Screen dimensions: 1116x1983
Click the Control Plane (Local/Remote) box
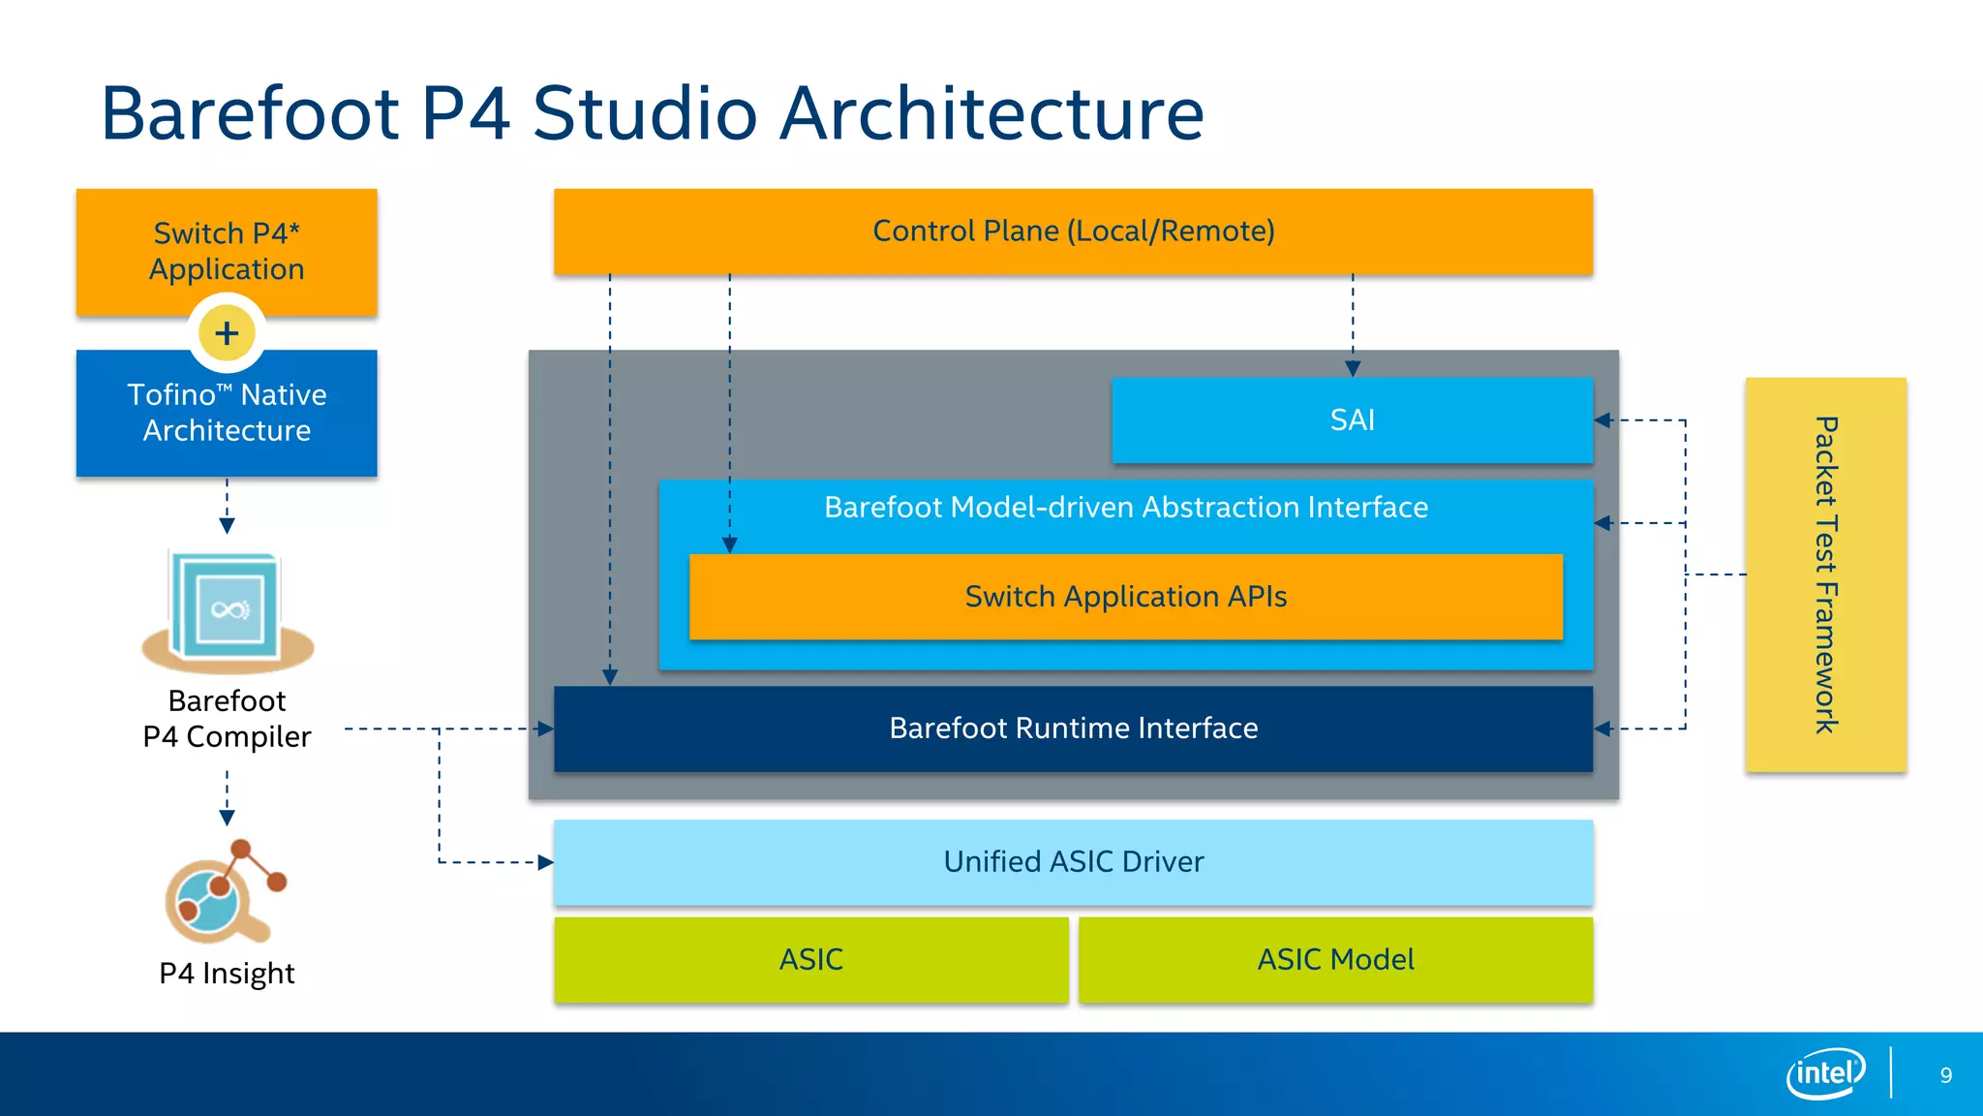coord(1073,231)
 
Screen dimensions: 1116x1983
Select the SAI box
coord(1352,419)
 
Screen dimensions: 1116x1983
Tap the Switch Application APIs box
coord(1125,597)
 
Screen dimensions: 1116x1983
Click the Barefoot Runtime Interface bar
coord(1073,728)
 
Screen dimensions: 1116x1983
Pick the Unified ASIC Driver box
coord(1073,862)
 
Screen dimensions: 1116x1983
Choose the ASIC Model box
coord(1335,960)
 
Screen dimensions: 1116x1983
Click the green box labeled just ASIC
coord(810,960)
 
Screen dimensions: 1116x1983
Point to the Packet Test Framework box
coord(1825,574)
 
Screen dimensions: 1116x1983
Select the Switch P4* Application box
coord(227,251)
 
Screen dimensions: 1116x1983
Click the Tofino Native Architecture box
coord(227,413)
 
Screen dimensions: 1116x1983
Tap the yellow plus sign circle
coord(227,333)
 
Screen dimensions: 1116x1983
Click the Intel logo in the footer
coord(1825,1073)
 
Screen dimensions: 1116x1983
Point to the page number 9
coord(1945,1075)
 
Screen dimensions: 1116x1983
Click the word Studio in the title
coord(644,113)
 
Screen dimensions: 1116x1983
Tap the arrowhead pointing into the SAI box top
coord(1353,369)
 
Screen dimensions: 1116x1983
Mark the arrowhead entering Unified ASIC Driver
coord(545,862)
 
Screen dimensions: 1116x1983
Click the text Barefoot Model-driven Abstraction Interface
coord(1125,508)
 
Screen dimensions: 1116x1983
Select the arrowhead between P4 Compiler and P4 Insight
coord(227,818)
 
